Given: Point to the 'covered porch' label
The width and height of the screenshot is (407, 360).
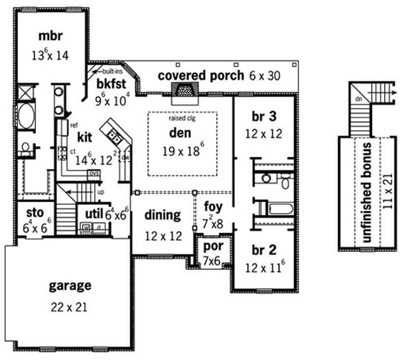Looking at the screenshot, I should pyautogui.click(x=201, y=75).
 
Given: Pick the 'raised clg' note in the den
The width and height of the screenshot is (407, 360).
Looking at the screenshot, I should pyautogui.click(x=182, y=118).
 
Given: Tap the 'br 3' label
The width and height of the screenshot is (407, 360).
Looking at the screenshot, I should pyautogui.click(x=264, y=116).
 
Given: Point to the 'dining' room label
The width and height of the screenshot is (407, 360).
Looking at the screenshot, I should pyautogui.click(x=162, y=214).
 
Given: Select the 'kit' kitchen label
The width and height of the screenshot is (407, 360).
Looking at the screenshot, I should pyautogui.click(x=84, y=137).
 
